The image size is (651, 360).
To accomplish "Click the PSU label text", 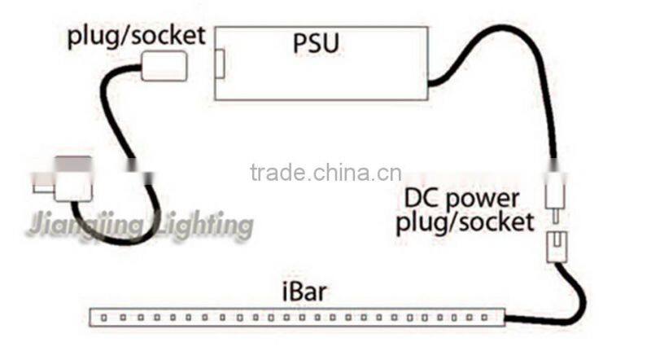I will point(316,43).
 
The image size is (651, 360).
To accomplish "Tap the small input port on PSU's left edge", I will point(220,64).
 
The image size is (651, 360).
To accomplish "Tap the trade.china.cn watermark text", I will point(325,173).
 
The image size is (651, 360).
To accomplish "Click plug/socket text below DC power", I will point(465,222).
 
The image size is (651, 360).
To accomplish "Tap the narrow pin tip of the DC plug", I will point(555,220).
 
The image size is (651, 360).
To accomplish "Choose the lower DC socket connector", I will point(555,242).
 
